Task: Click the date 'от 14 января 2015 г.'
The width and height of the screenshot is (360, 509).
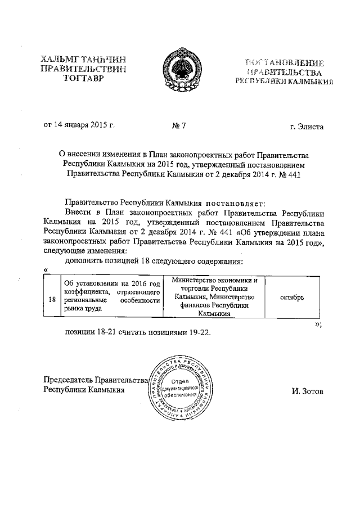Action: point(79,125)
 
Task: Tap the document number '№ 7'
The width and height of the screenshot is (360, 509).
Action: point(178,126)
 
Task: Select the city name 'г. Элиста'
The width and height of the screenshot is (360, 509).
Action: point(307,127)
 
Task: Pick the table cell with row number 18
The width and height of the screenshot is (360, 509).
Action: point(52,300)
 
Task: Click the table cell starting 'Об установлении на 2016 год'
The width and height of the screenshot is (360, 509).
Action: point(112,295)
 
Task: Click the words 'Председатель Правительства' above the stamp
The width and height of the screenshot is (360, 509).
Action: point(94,380)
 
